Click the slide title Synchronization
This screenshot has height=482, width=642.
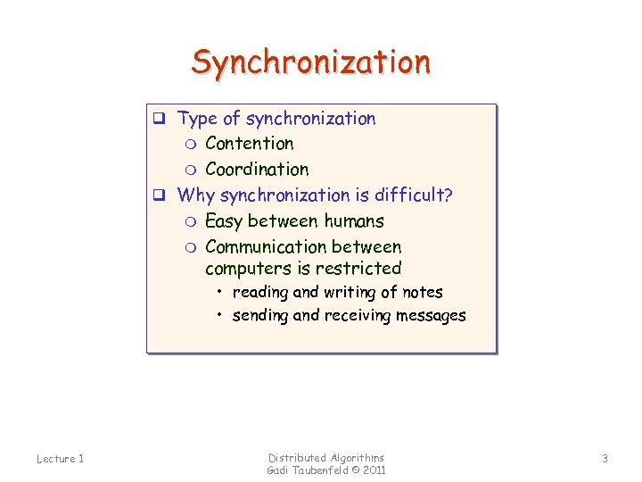pyautogui.click(x=310, y=62)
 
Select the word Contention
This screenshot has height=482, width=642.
pyautogui.click(x=249, y=144)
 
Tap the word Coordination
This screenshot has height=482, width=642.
pyautogui.click(x=257, y=170)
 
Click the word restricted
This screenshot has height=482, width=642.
pyautogui.click(x=359, y=269)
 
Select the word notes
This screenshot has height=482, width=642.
pyautogui.click(x=422, y=293)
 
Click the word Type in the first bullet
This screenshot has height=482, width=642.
pyautogui.click(x=196, y=119)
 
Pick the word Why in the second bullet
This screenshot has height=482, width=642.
pyautogui.click(x=196, y=195)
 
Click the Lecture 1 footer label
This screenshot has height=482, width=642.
pyautogui.click(x=60, y=459)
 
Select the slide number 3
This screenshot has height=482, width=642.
pyautogui.click(x=605, y=459)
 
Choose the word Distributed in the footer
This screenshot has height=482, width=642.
pyautogui.click(x=298, y=458)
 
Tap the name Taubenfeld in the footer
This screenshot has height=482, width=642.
pyautogui.click(x=320, y=470)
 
